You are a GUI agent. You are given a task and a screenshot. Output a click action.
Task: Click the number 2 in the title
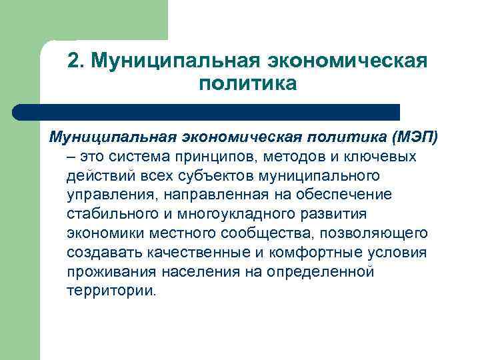(x=74, y=61)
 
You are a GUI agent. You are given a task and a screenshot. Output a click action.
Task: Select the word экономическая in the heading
(x=347, y=61)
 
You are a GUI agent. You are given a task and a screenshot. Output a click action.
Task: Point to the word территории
(x=111, y=291)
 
